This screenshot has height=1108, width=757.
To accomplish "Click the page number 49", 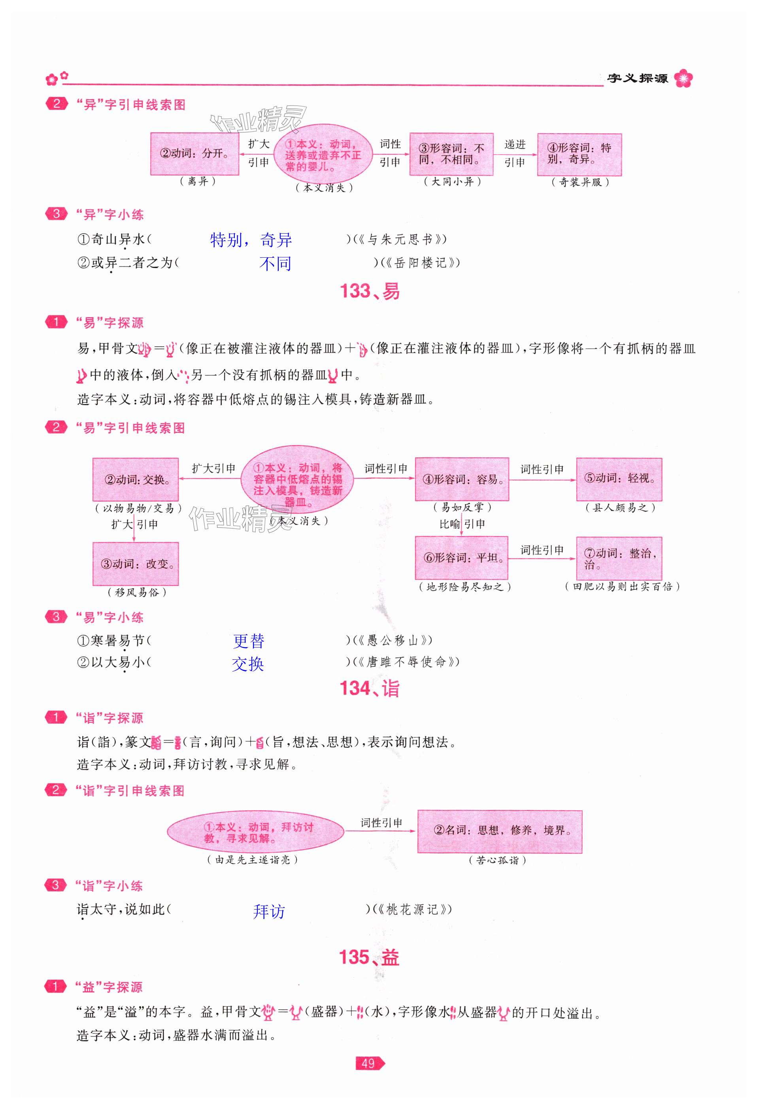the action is pos(368,1063).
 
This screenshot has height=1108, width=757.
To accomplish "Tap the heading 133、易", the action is pos(370,291).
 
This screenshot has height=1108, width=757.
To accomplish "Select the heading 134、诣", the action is pos(370,689).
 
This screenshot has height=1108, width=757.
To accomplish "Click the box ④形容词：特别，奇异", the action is pos(579,155).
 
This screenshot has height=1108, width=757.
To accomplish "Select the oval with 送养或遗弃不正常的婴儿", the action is pos(323,155).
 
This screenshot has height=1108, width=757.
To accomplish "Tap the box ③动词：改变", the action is pos(135,564).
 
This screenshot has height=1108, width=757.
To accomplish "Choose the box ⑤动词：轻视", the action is pos(619,479).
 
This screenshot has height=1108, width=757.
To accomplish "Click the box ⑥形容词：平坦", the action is pos(461,558).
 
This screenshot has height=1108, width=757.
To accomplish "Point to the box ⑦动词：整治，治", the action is pos(619,558).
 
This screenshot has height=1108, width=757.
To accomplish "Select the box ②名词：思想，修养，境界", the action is pos(500,831).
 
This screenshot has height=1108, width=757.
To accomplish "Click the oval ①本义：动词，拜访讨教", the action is pos(255,832).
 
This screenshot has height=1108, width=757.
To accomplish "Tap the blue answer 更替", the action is pos(248,641).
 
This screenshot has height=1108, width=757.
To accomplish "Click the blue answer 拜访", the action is pos(269,912).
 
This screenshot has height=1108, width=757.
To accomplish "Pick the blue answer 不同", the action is pos(275,264).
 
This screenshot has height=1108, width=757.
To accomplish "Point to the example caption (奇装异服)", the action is pos(580,182).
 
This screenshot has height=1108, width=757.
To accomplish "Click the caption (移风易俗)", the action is pos(137,592).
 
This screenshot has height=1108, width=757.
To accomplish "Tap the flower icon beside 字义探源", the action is pos(683,78).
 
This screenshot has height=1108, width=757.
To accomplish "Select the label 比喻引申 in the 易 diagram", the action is pos(461,524).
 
